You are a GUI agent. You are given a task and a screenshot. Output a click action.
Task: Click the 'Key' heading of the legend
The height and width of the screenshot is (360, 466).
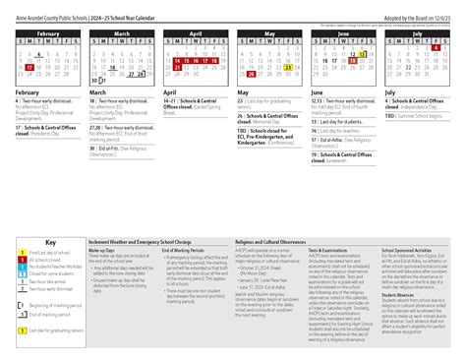50,242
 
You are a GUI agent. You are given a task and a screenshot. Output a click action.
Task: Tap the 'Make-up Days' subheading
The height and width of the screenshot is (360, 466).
102,250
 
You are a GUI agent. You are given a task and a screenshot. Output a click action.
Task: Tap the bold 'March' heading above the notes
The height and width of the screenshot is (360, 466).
99,93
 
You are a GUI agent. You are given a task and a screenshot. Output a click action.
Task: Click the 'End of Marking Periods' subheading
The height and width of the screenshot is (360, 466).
179,250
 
